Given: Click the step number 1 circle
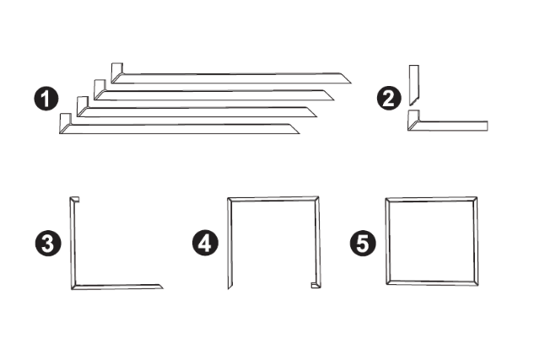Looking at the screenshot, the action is click(x=46, y=99).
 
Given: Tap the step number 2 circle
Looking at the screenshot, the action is click(x=389, y=99).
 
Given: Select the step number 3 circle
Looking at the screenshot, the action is click(x=48, y=244).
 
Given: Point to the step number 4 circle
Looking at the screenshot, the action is click(x=205, y=243).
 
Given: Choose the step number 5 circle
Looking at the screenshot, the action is click(x=363, y=244).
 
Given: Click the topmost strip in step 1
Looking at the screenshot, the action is click(x=231, y=78).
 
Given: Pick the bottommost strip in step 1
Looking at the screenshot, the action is click(x=180, y=129).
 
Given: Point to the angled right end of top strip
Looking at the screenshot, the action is click(x=344, y=78).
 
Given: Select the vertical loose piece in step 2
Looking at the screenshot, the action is click(x=413, y=84).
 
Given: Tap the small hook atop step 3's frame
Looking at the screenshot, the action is click(x=75, y=200).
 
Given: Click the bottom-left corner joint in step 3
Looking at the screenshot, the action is click(x=73, y=287).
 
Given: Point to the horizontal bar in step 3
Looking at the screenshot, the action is click(x=117, y=287).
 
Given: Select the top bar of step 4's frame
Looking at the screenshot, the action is click(x=273, y=199).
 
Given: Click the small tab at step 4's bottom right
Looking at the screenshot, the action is click(x=315, y=285).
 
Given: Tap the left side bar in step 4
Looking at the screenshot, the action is click(x=229, y=244).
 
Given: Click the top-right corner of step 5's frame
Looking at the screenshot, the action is click(x=475, y=199).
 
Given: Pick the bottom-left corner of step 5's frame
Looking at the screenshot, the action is click(x=388, y=283).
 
